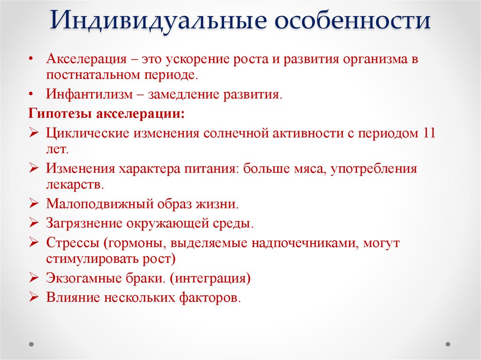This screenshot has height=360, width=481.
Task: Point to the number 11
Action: (x=428, y=132)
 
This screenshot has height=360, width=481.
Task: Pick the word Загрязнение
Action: (x=83, y=223)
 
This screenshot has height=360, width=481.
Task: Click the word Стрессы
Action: (x=73, y=243)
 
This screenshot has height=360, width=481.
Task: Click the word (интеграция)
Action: (x=210, y=278)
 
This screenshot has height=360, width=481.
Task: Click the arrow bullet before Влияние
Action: (x=33, y=297)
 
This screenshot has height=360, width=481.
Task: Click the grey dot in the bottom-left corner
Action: (x=31, y=344)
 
